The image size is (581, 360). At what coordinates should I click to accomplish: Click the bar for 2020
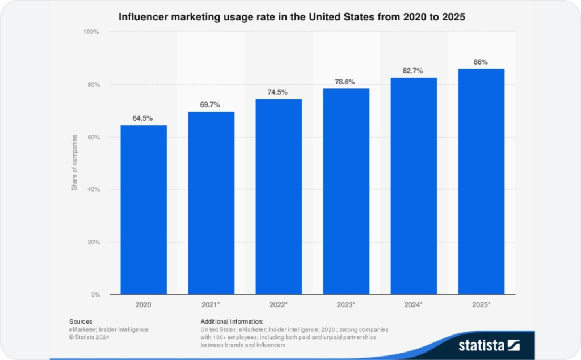[143, 210]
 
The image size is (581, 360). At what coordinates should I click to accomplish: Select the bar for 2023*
[346, 192]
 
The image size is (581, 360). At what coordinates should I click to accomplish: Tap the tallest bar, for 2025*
[481, 181]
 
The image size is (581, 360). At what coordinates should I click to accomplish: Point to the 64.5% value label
[143, 118]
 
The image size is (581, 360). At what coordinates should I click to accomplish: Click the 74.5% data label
[278, 92]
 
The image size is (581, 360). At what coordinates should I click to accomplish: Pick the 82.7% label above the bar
[414, 70]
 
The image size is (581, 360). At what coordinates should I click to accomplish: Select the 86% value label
[481, 62]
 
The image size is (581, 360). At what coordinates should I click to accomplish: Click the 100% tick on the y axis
[91, 32]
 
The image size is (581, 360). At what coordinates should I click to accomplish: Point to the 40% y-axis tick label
[93, 189]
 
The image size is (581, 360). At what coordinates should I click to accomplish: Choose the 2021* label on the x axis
[211, 305]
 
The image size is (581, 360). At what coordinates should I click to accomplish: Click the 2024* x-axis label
[414, 305]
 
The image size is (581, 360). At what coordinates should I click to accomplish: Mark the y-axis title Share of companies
[74, 163]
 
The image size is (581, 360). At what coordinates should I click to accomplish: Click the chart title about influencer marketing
[291, 17]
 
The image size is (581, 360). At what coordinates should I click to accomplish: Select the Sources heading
[81, 321]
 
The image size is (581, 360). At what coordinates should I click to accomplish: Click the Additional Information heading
[231, 321]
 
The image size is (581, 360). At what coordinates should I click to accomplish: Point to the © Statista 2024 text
[89, 337]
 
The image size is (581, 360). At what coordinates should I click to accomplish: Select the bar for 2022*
[278, 197]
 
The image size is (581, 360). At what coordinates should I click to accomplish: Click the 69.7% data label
[211, 105]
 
